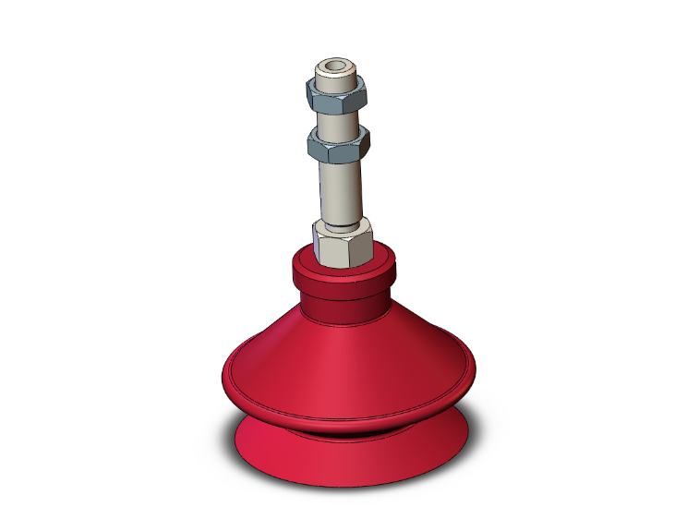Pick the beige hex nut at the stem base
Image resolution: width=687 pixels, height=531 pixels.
point(343,242)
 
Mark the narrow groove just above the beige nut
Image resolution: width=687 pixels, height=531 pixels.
point(343,221)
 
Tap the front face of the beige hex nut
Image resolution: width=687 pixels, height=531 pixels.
point(334,247)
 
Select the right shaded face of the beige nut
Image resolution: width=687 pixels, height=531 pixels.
point(363,242)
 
